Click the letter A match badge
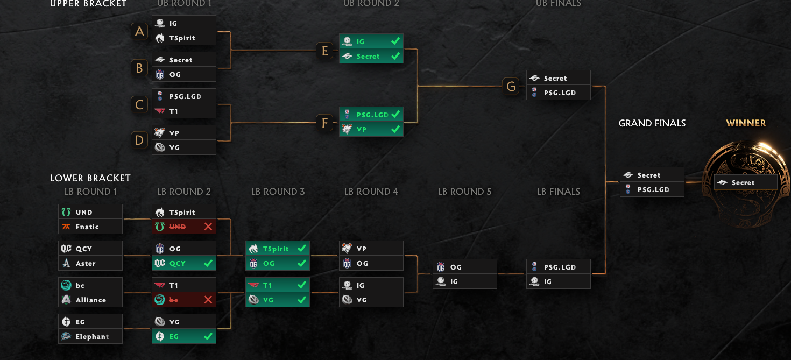click(139, 31)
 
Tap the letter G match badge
click(511, 86)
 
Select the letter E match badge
click(324, 51)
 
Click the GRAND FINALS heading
click(652, 123)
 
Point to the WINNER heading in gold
click(746, 123)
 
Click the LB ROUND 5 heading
click(464, 192)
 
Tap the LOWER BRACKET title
click(90, 178)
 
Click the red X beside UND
click(208, 227)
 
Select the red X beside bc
click(208, 300)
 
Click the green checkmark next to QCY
click(208, 263)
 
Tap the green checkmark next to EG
click(208, 336)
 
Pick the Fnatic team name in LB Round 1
click(87, 227)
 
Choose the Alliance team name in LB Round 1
click(91, 300)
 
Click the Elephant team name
click(92, 336)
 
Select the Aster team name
click(86, 263)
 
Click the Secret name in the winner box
click(743, 183)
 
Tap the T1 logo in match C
click(160, 111)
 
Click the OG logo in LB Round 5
click(441, 267)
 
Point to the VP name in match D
click(174, 133)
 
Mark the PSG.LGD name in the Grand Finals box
click(653, 190)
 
